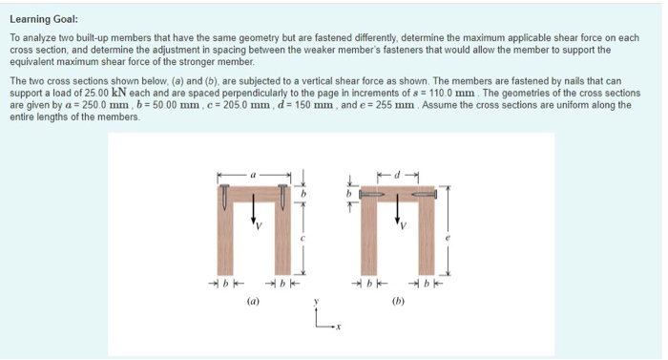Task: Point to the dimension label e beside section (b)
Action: coord(448,236)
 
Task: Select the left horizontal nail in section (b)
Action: coord(371,194)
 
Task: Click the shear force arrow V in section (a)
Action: coord(254,212)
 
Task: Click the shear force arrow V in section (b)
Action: coord(398,212)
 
